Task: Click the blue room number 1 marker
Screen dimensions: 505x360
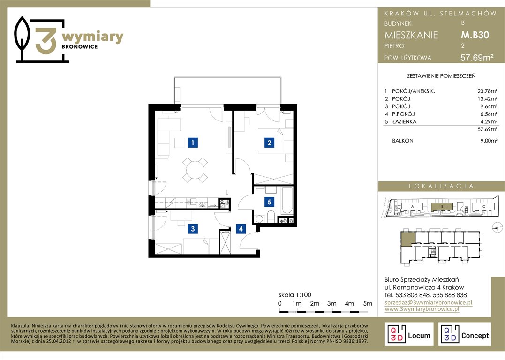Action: [193, 142]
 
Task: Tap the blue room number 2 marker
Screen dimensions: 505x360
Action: [269, 142]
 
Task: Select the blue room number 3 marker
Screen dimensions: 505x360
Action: [193, 229]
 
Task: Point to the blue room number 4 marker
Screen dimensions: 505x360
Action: [241, 229]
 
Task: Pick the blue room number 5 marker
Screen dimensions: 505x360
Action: [269, 202]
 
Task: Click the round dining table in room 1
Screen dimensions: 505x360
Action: [195, 169]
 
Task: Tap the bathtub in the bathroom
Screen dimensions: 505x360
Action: [286, 201]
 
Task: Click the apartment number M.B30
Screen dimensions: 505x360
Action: [475, 35]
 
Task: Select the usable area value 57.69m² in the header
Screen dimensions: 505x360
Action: [477, 58]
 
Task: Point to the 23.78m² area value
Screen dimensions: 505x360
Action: [487, 91]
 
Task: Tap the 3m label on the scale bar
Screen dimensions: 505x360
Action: [332, 303]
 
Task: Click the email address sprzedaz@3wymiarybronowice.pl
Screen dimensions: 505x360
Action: [429, 302]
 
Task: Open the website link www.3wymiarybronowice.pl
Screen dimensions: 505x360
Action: [422, 309]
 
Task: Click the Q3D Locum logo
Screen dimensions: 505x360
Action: [409, 334]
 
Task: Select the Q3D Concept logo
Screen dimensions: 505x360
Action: [464, 334]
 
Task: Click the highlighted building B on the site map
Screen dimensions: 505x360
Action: [442, 206]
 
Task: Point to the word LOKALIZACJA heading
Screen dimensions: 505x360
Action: [441, 186]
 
